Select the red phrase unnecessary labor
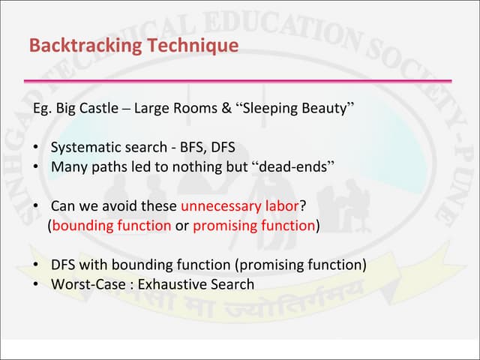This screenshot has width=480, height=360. point(239,205)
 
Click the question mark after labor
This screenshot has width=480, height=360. point(303,205)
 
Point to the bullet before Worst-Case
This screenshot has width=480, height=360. point(37,284)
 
